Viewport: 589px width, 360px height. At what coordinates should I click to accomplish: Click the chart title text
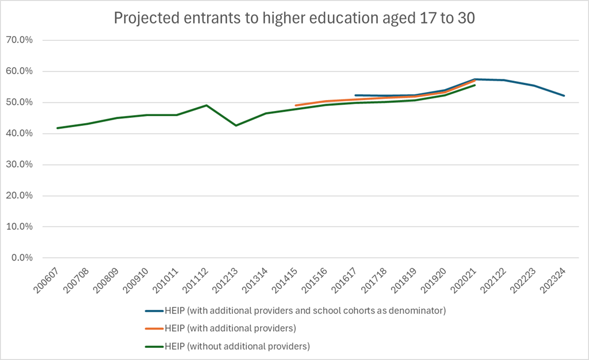coord(294,18)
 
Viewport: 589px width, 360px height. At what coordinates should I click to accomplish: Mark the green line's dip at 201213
coord(236,125)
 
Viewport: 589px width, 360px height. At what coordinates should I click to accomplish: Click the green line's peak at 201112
coord(206,105)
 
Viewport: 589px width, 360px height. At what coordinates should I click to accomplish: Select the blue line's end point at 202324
coord(564,95)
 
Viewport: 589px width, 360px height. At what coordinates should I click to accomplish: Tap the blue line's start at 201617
coord(355,95)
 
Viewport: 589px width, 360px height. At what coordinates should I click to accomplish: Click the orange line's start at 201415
coord(296,105)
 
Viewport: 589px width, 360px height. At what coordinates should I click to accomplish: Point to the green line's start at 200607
coord(57,128)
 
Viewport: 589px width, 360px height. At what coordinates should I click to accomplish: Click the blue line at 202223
coord(534,86)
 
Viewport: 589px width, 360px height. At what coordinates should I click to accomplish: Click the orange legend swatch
coord(155,328)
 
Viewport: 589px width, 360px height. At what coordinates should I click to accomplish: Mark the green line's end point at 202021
coord(475,85)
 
